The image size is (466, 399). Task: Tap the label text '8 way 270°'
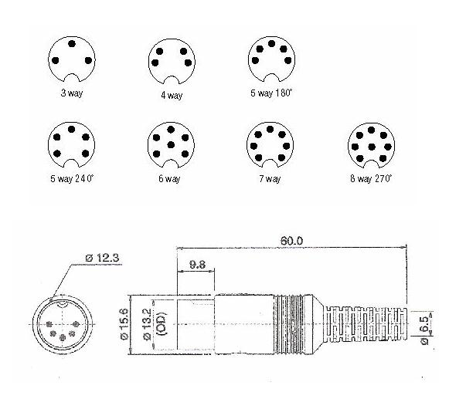click(x=369, y=178)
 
